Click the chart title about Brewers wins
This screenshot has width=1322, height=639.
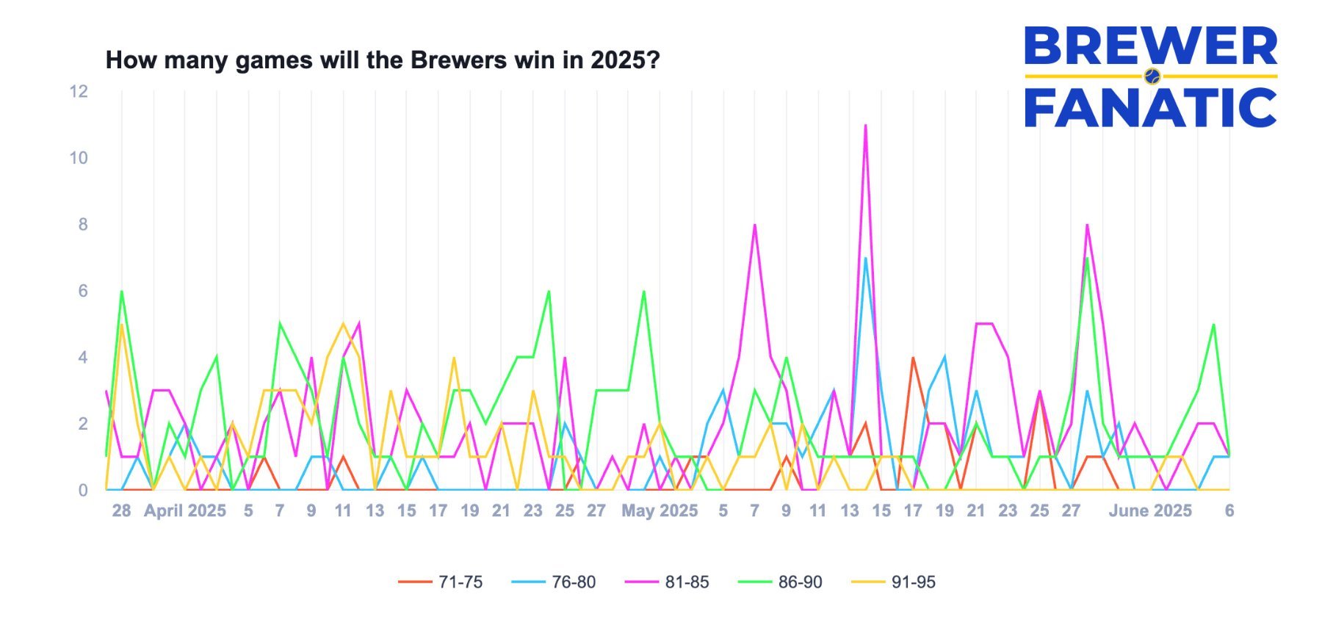coord(383,59)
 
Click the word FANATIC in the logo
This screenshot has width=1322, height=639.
coord(1151,107)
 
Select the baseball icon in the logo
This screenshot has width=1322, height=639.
coord(1152,76)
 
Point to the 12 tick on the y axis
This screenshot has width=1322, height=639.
coord(79,92)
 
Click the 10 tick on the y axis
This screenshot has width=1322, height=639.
coord(79,158)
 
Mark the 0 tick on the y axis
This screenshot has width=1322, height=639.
coord(83,490)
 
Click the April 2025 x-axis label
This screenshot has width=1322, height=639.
coord(184,510)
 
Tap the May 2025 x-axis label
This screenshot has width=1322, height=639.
coord(660,510)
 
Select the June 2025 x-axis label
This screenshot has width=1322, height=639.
coord(1150,510)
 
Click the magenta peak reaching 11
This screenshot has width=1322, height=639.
coord(865,126)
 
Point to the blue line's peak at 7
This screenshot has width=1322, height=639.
coord(865,259)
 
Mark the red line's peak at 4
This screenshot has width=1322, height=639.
coord(913,358)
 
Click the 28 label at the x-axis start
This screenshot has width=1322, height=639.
coord(121,510)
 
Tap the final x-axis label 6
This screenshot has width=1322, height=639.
coord(1229,510)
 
